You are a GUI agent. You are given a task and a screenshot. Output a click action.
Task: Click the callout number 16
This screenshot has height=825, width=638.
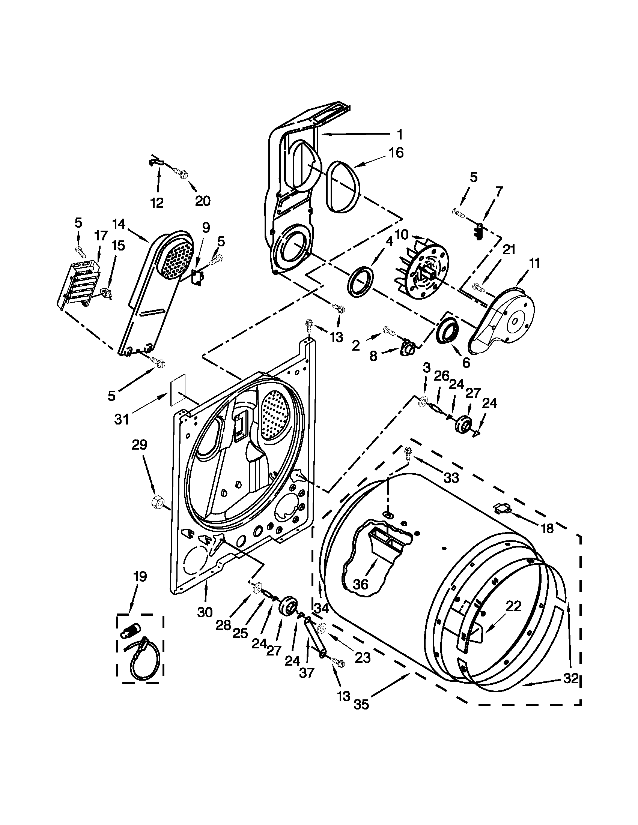point(396,153)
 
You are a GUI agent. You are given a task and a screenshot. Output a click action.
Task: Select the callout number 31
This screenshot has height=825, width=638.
point(122,419)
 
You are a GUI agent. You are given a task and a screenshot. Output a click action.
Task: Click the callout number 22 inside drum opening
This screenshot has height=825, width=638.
point(513,606)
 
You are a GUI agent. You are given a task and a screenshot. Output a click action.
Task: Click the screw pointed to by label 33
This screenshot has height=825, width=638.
point(408,452)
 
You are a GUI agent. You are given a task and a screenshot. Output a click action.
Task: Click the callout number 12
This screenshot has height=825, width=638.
point(157,203)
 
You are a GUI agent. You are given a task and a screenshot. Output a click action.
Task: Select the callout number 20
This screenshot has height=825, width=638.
point(202,201)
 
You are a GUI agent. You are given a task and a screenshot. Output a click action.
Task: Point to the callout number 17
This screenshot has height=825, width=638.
point(101,237)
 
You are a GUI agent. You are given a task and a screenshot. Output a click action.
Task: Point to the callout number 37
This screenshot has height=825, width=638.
point(306,673)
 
